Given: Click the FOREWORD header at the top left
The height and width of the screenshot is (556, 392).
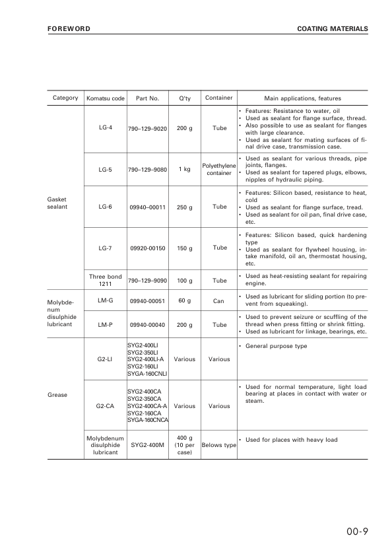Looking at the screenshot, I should click(x=69, y=29).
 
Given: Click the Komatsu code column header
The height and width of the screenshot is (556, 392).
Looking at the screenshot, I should click(x=106, y=98).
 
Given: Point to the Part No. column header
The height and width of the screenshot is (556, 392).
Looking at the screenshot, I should click(x=147, y=98).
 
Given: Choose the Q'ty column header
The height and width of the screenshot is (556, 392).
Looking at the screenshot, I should click(x=185, y=98).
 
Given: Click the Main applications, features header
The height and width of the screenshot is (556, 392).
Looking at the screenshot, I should click(x=302, y=98).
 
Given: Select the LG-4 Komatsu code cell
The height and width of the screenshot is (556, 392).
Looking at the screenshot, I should click(x=106, y=127).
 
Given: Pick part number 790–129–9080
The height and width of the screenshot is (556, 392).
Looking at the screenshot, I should click(x=147, y=169).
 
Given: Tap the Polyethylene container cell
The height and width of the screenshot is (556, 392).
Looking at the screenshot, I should click(x=219, y=169).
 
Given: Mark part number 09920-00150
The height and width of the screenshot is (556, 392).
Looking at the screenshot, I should click(x=147, y=248).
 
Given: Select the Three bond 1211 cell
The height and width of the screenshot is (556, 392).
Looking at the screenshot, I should click(x=106, y=280).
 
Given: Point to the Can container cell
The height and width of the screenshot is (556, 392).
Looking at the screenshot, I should click(x=219, y=301).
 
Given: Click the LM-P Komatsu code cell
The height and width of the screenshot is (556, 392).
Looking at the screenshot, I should click(x=106, y=325).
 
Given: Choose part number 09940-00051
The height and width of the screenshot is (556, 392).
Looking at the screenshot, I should click(x=147, y=301).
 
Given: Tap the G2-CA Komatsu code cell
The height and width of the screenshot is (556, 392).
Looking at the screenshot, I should click(x=106, y=406).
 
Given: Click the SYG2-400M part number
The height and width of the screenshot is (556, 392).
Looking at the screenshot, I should click(x=147, y=445).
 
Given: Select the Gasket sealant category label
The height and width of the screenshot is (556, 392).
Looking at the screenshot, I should click(x=57, y=202).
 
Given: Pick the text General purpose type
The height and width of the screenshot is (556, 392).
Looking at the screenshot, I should click(x=276, y=346).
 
